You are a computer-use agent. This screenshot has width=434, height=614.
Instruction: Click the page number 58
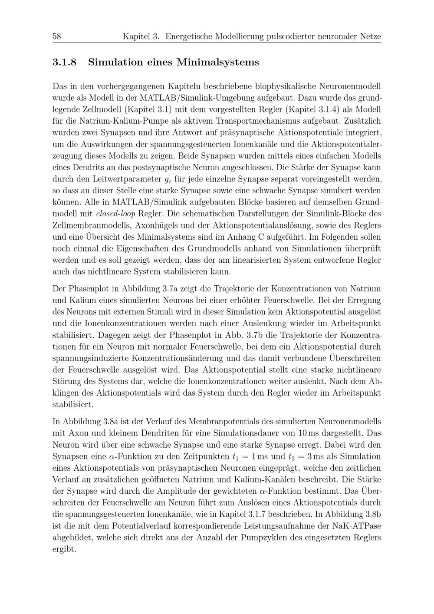tap(56, 36)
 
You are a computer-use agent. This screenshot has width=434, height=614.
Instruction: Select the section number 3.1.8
tap(64, 63)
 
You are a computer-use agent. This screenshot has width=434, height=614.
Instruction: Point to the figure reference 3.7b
tap(271, 335)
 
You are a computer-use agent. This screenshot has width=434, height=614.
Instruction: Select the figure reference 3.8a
tap(111, 422)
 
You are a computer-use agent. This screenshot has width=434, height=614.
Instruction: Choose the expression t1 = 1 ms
tap(249, 456)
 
